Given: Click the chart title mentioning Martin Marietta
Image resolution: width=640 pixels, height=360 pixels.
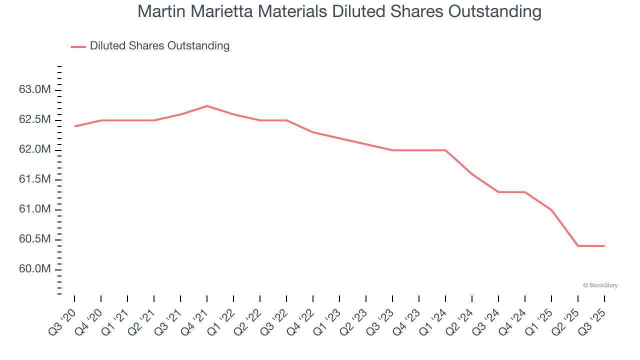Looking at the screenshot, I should pyautogui.click(x=339, y=11).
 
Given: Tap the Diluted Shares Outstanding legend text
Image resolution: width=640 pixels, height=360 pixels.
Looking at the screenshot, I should pyautogui.click(x=159, y=46).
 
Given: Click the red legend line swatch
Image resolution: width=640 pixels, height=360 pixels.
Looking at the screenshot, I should pyautogui.click(x=78, y=46).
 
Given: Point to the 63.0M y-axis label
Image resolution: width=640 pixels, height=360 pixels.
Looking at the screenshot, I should pyautogui.click(x=34, y=90).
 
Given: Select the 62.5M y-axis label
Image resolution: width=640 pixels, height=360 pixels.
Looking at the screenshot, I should pyautogui.click(x=34, y=120).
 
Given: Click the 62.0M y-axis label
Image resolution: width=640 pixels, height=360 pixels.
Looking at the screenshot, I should pyautogui.click(x=34, y=150).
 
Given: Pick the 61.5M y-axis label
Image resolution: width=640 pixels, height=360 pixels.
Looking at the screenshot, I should pyautogui.click(x=34, y=179).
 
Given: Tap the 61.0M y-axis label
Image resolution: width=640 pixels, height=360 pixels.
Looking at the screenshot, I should pyautogui.click(x=34, y=209).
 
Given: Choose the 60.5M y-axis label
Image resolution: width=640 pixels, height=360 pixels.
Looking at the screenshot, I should pyautogui.click(x=34, y=239).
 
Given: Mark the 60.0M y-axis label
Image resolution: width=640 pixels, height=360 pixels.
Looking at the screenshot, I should pyautogui.click(x=34, y=269).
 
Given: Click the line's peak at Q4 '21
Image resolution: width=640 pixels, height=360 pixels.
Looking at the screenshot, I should pyautogui.click(x=207, y=106).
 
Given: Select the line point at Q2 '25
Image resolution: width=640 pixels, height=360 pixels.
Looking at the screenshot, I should pyautogui.click(x=578, y=245).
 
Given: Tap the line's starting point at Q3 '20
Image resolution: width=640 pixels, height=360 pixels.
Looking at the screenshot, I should pyautogui.click(x=74, y=126).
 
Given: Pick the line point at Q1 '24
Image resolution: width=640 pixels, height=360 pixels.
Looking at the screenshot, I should pyautogui.click(x=445, y=150).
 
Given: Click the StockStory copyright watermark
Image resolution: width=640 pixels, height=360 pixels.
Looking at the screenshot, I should pyautogui.click(x=600, y=285).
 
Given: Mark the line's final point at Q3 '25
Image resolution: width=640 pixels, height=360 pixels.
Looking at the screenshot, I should pyautogui.click(x=604, y=245).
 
